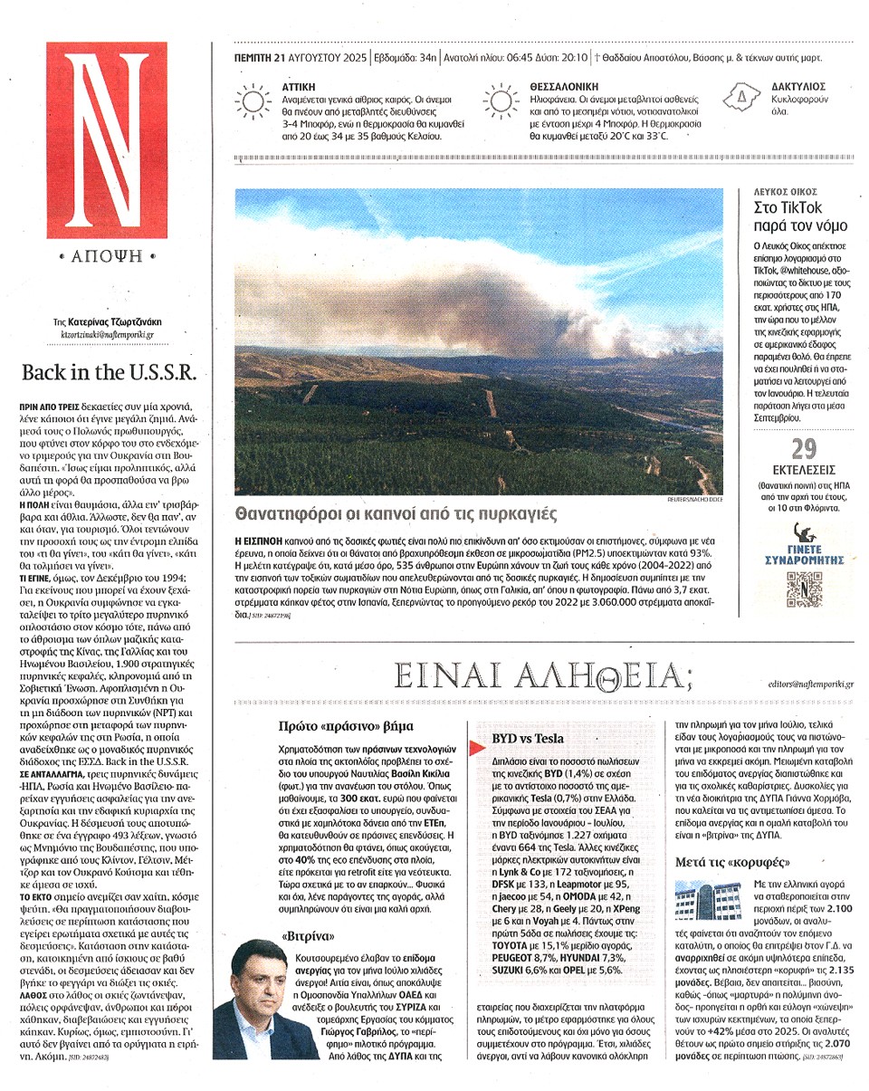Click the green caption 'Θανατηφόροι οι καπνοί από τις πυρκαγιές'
pos(395,513)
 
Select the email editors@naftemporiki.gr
pos(809,686)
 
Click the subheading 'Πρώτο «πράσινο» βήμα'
pos(348,726)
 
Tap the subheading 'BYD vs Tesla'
pos(528,739)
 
